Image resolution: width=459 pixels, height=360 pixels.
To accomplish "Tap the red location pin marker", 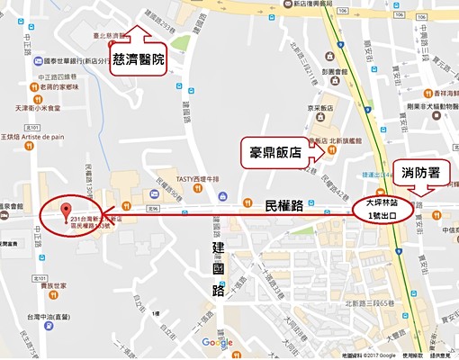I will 65,212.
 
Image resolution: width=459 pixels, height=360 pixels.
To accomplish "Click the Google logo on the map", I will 216,342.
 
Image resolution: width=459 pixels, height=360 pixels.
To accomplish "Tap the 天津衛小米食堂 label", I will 39,108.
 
